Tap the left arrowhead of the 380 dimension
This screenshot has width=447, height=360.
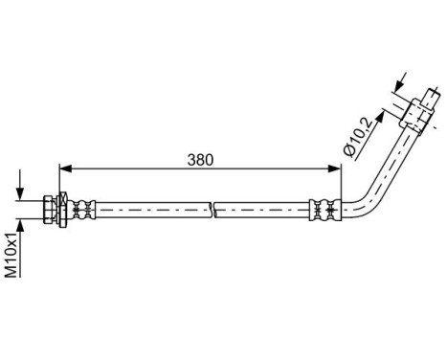(x=66, y=169)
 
